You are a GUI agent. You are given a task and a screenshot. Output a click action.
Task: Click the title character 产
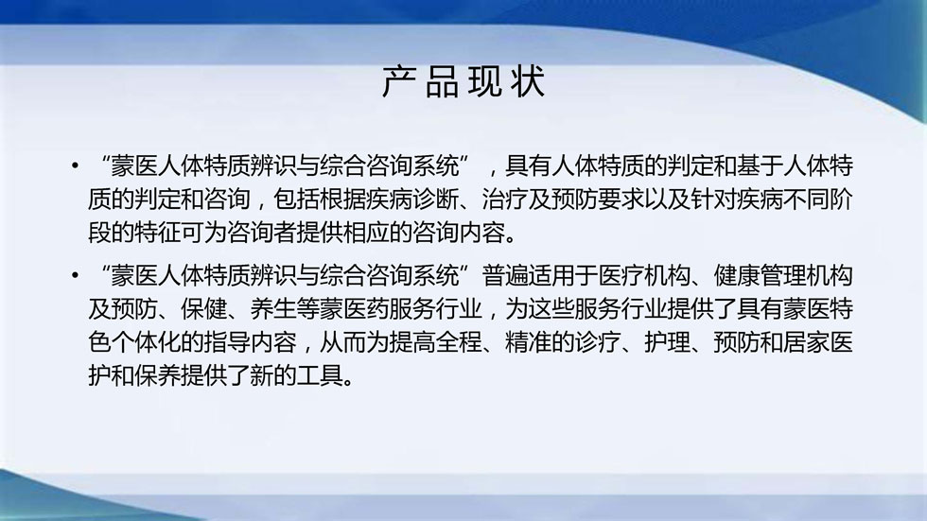pyautogui.click(x=399, y=82)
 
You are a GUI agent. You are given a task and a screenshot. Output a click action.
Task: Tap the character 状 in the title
pyautogui.click(x=528, y=82)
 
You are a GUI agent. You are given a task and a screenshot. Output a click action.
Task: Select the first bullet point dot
pyautogui.click(x=75, y=166)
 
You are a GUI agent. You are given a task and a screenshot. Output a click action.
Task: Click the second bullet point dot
pyautogui.click(x=75, y=275)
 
